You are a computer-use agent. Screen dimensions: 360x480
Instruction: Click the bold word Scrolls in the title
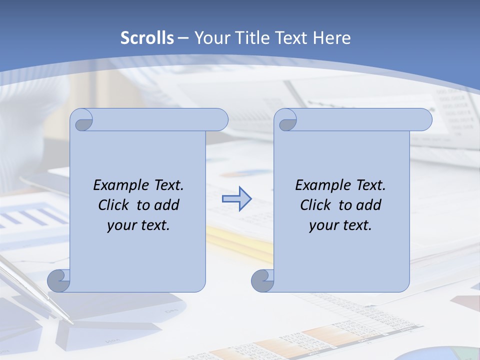pyautogui.click(x=147, y=38)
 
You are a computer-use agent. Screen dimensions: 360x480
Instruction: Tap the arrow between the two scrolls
pyautogui.click(x=236, y=199)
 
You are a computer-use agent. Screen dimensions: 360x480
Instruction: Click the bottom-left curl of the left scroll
pyautogui.click(x=59, y=280)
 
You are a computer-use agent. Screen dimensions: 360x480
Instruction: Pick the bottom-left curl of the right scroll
pyautogui.click(x=262, y=280)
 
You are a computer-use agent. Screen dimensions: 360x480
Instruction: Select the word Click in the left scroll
pyautogui.click(x=114, y=205)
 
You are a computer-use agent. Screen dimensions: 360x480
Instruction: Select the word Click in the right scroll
pyautogui.click(x=315, y=205)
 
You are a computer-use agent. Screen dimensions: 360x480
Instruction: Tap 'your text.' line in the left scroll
pyautogui.click(x=138, y=225)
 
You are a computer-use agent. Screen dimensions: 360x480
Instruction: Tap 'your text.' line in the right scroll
pyautogui.click(x=340, y=225)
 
